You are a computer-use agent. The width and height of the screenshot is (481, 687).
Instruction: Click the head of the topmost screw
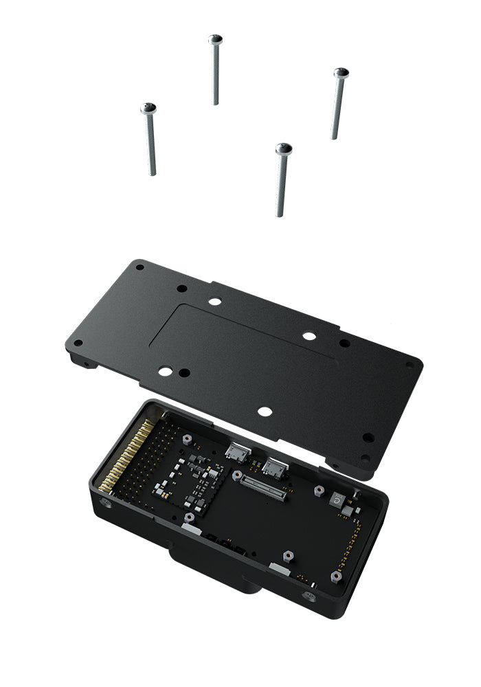click(216, 39)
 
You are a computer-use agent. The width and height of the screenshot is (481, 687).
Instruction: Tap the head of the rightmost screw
click(341, 73)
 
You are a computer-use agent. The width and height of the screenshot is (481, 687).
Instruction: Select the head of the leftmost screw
click(148, 109)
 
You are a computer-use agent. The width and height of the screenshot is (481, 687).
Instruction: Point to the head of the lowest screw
click(284, 148)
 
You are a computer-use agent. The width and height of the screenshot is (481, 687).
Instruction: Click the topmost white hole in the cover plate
click(215, 301)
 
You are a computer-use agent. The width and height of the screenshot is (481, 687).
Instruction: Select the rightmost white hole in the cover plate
click(309, 336)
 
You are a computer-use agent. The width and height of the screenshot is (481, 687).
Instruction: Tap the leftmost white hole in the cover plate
click(165, 371)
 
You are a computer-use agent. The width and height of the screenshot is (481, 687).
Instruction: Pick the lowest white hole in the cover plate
click(264, 411)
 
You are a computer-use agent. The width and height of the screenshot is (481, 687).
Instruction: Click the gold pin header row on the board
click(124, 456)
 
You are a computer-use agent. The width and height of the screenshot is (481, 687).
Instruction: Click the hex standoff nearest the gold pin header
click(186, 438)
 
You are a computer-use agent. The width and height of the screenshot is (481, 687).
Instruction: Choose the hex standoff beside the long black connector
click(237, 475)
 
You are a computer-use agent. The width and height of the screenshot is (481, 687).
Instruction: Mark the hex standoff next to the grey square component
click(319, 491)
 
